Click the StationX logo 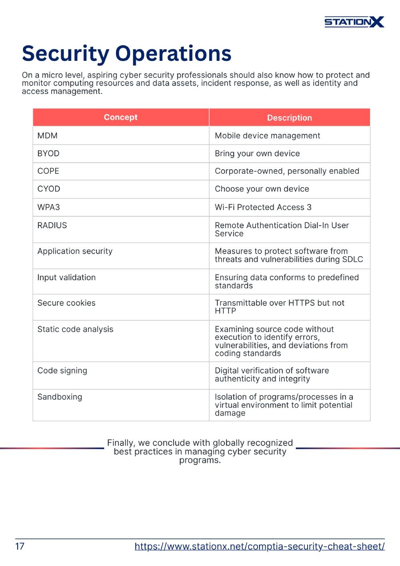coord(354,22)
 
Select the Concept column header coord(120,117)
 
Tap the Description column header coord(289,118)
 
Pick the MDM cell coord(48,136)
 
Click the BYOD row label coord(48,154)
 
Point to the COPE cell coord(48,171)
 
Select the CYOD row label coord(49,189)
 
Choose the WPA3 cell coord(49,207)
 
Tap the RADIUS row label coord(52,225)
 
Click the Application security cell coord(75,251)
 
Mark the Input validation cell coord(66,277)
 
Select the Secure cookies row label coord(66,303)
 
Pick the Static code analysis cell coord(75,329)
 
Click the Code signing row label coord(62,371)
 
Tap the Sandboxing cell coord(60,397)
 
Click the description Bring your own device coord(257,154)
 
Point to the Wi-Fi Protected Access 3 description coord(263,207)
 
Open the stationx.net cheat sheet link coord(259,546)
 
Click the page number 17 coord(20,546)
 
